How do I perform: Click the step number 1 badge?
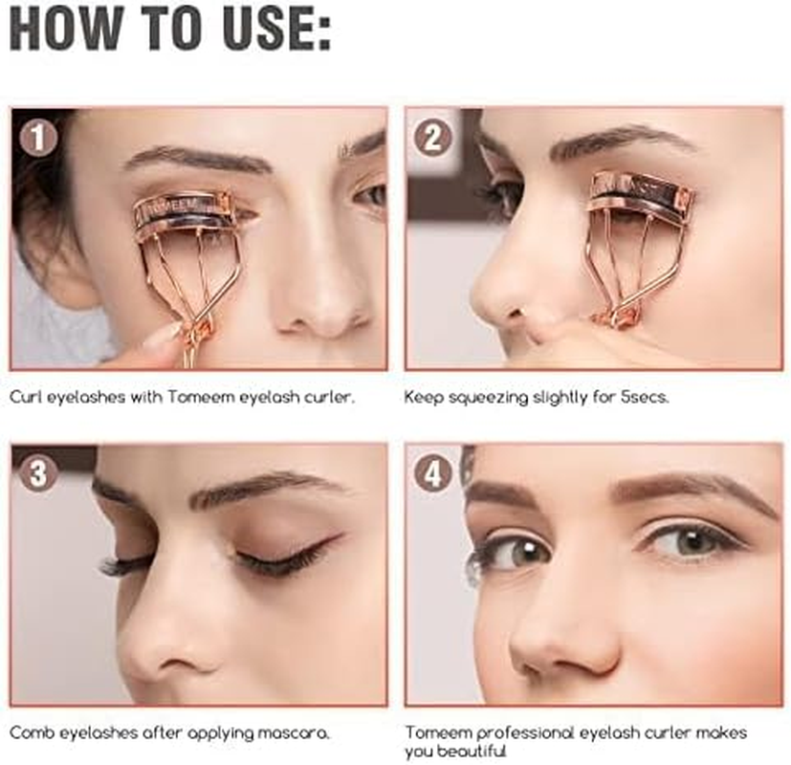[38, 139]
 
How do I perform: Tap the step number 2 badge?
[432, 139]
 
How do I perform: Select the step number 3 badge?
[38, 473]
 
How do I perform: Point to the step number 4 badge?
[432, 473]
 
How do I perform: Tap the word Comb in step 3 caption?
[30, 733]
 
